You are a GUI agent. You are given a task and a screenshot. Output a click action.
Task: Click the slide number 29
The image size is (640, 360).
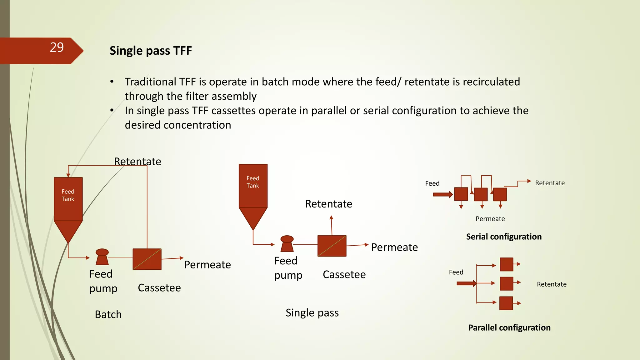click(x=57, y=47)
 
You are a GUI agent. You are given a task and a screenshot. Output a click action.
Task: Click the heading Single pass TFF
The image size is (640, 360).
click(x=151, y=51)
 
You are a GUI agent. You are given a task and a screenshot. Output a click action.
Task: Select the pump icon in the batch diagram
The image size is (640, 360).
click(x=102, y=257)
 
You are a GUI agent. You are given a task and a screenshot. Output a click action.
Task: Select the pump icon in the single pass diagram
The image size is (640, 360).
click(x=287, y=244)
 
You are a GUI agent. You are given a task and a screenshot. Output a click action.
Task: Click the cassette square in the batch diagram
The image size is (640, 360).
click(x=147, y=259)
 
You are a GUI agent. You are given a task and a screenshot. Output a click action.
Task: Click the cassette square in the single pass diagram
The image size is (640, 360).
click(x=332, y=246)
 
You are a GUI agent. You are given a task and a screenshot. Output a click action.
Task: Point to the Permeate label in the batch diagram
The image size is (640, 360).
click(x=207, y=265)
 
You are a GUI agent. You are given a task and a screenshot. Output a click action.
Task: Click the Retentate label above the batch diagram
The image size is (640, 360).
click(x=137, y=162)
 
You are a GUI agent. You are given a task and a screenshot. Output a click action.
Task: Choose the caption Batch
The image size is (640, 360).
click(x=108, y=314)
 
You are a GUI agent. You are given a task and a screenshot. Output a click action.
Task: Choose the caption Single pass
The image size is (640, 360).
click(x=312, y=313)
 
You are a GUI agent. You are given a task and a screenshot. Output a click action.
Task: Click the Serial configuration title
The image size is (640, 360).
click(x=504, y=237)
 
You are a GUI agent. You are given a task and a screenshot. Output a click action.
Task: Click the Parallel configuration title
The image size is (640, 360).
click(x=509, y=327)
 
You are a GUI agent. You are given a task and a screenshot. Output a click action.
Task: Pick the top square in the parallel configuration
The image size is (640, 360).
click(x=506, y=264)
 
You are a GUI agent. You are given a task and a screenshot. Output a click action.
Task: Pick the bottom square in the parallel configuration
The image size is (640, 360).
click(x=506, y=303)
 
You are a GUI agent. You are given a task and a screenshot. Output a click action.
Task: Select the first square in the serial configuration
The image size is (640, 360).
click(x=461, y=194)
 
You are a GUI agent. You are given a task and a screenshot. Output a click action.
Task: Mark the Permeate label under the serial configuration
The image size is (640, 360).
click(x=490, y=219)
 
